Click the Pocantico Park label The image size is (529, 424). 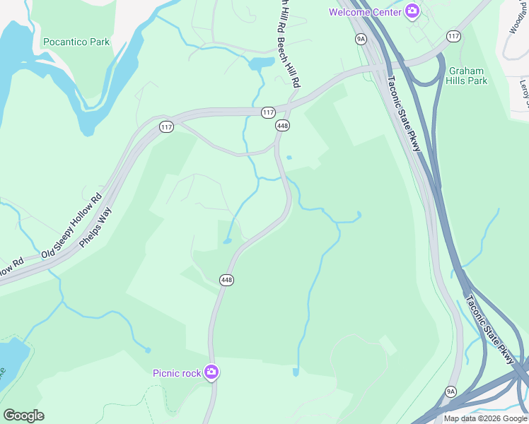coord(76,42)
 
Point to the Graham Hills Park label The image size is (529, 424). coord(467,76)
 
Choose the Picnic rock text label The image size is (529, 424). coord(177,373)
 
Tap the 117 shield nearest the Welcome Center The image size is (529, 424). coord(453,35)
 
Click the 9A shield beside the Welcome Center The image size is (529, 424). coord(361,39)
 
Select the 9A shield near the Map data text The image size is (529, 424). coord(451,391)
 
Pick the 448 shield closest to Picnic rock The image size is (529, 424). coord(226,280)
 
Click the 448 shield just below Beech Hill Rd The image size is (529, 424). coord(282,125)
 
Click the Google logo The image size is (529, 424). coord(23,415)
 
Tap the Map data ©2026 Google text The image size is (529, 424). coord(485,418)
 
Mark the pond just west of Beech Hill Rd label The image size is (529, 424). coord(260,64)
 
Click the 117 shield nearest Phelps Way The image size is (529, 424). coord(166,127)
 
